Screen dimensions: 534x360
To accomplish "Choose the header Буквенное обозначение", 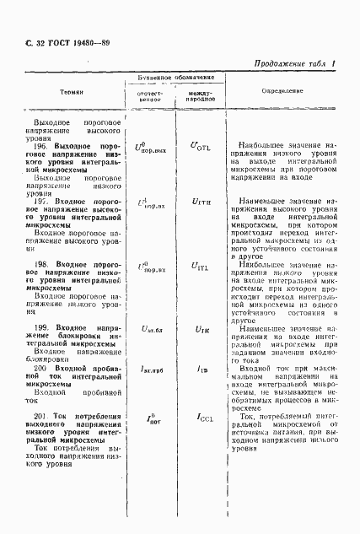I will (175, 78).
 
